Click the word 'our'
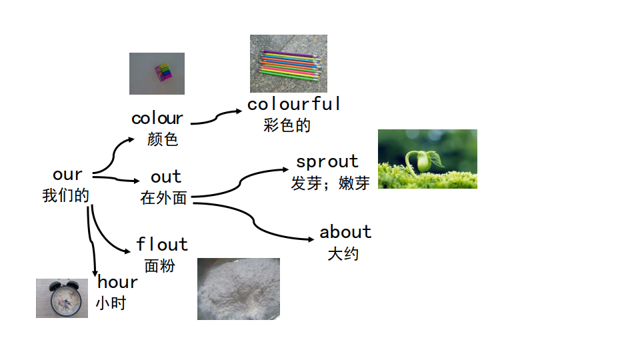(67, 175)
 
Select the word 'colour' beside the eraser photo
(157, 119)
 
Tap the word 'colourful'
(293, 104)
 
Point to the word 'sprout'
(327, 161)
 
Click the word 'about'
(345, 232)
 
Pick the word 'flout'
(162, 244)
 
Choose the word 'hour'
(117, 282)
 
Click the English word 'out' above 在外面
(166, 177)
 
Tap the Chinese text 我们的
(66, 195)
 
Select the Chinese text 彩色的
(287, 125)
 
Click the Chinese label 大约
(343, 254)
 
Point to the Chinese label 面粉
(159, 266)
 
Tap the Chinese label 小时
(111, 303)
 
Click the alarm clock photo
(62, 299)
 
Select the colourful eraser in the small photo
(163, 72)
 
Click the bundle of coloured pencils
(291, 65)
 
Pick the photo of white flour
(239, 289)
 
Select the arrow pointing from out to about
(254, 221)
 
